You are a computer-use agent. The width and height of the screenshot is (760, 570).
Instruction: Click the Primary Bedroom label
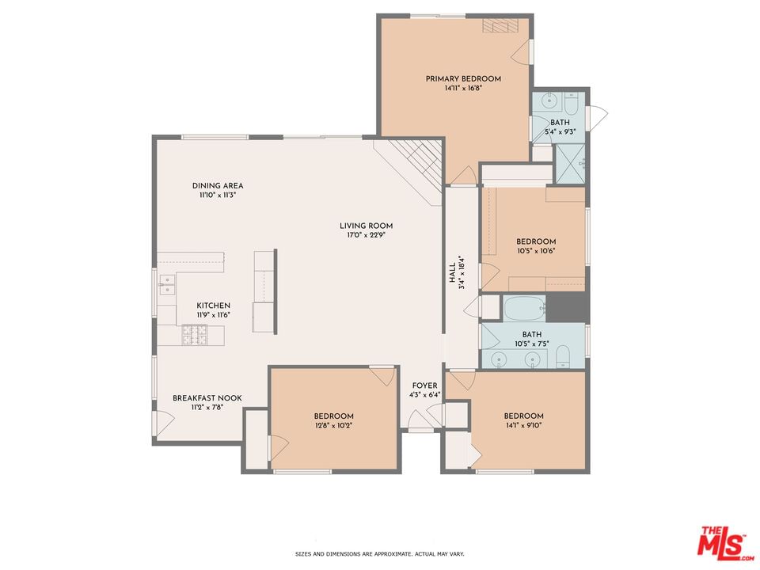463,78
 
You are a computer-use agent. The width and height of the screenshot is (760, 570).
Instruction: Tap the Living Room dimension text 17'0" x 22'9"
366,235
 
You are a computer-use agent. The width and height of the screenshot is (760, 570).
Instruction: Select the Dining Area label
218,185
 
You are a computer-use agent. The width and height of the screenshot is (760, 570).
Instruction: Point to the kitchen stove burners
195,335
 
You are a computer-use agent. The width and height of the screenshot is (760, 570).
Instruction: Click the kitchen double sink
167,284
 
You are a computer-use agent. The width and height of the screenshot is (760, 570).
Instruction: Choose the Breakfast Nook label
207,398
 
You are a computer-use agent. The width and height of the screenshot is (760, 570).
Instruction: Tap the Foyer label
424,386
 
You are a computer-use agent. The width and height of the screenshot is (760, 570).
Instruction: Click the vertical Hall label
452,273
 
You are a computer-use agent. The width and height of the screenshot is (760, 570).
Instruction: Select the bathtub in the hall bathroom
525,308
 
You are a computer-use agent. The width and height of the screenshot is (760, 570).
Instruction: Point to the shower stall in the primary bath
570,164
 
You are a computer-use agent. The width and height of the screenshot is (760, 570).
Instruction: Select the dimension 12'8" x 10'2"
333,426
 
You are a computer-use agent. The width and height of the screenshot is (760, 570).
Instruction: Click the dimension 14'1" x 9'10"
523,426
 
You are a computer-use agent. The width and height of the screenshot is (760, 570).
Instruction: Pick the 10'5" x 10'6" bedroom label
536,241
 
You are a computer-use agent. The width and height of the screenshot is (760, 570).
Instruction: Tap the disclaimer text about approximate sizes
379,553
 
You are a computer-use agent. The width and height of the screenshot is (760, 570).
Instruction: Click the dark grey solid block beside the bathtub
568,307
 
